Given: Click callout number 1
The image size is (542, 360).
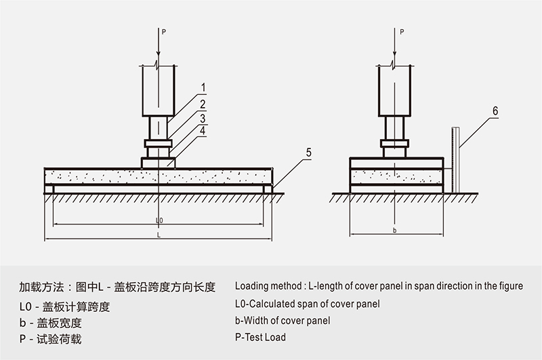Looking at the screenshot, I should click(203, 87).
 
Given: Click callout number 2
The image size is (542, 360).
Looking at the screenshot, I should click(203, 104).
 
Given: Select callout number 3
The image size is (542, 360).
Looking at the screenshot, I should click(203, 117).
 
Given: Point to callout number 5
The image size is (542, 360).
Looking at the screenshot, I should click(308, 153).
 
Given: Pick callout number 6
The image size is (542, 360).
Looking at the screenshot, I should click(495, 110).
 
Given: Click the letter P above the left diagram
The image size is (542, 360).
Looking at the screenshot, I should click(163, 31).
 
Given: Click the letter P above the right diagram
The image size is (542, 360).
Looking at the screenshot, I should click(402, 31).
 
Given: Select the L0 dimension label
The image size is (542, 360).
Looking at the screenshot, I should click(159, 220).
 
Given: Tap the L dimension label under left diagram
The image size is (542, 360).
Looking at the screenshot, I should click(159, 235).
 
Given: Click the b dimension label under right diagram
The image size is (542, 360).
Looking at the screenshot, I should click(394, 231).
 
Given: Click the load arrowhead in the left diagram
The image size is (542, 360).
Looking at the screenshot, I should click(159, 55).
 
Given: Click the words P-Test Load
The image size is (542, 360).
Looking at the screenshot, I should click(260, 337).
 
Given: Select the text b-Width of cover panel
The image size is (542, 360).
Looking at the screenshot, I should click(283, 320).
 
